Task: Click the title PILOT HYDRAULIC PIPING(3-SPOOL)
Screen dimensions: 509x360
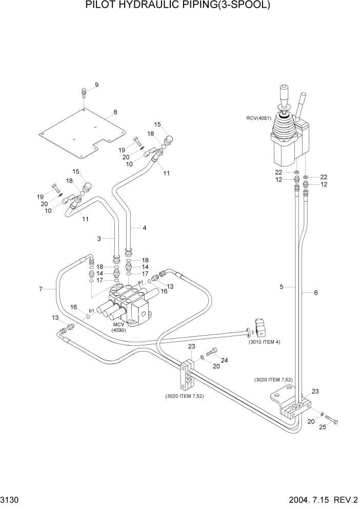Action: point(177,6)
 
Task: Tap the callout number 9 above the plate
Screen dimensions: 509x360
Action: point(96,85)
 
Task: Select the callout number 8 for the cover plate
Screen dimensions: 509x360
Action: point(115,112)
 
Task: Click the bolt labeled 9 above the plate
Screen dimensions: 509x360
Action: point(83,93)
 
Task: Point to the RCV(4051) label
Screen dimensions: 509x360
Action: point(258,118)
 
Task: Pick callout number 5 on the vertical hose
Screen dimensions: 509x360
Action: point(282,288)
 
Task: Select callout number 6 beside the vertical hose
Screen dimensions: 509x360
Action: point(315,293)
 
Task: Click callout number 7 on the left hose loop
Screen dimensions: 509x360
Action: point(41,289)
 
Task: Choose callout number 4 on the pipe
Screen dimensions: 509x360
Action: point(144,228)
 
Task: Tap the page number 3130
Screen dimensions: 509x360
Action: point(11,499)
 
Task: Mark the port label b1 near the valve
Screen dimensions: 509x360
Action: point(91,311)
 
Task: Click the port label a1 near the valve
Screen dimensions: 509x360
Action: point(141,282)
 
